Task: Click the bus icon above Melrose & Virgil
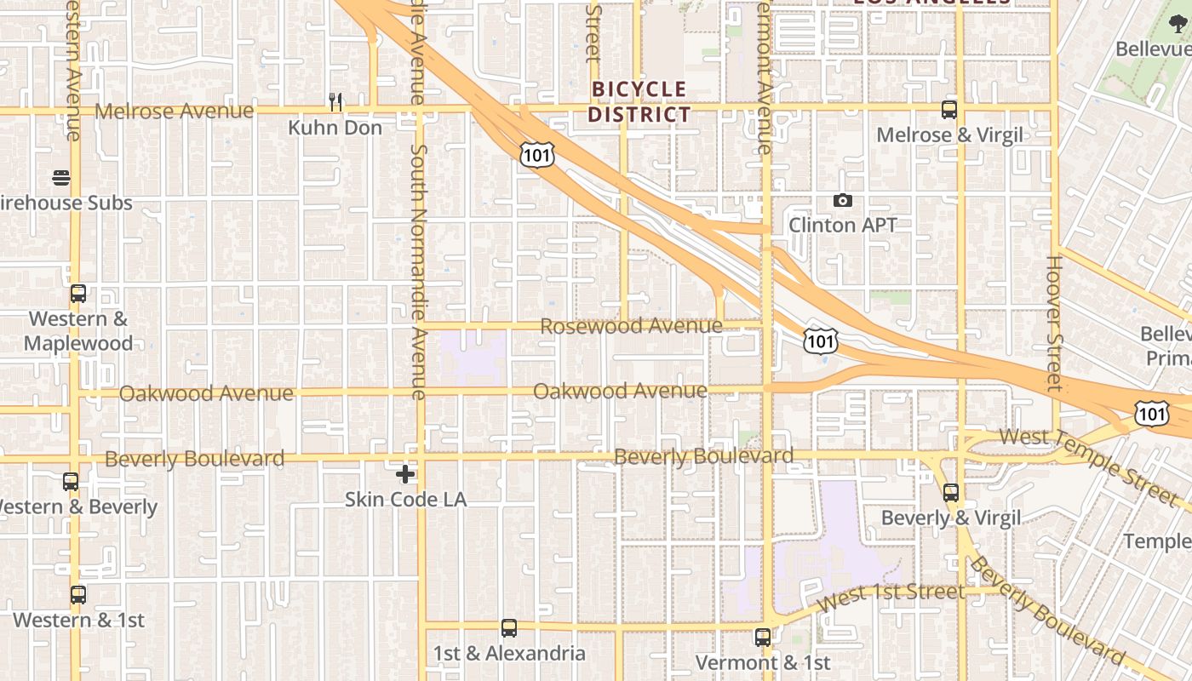(x=949, y=110)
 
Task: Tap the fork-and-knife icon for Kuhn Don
(x=335, y=102)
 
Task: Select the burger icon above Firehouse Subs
(x=61, y=178)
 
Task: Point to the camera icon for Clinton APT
(x=843, y=200)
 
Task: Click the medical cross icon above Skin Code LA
(x=405, y=473)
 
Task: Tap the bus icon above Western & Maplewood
(x=78, y=294)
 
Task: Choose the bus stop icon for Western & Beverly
(x=71, y=482)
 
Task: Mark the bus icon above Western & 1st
(x=78, y=595)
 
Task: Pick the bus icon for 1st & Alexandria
(x=509, y=628)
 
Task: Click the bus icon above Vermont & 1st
(x=763, y=637)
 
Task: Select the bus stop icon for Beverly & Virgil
(x=951, y=493)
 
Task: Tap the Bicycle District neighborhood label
(x=639, y=101)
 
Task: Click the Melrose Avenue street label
(x=174, y=111)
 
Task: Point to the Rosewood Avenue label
(x=631, y=326)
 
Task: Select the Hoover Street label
(x=1055, y=323)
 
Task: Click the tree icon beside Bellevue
(x=1178, y=24)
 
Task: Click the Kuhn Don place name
(x=335, y=128)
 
